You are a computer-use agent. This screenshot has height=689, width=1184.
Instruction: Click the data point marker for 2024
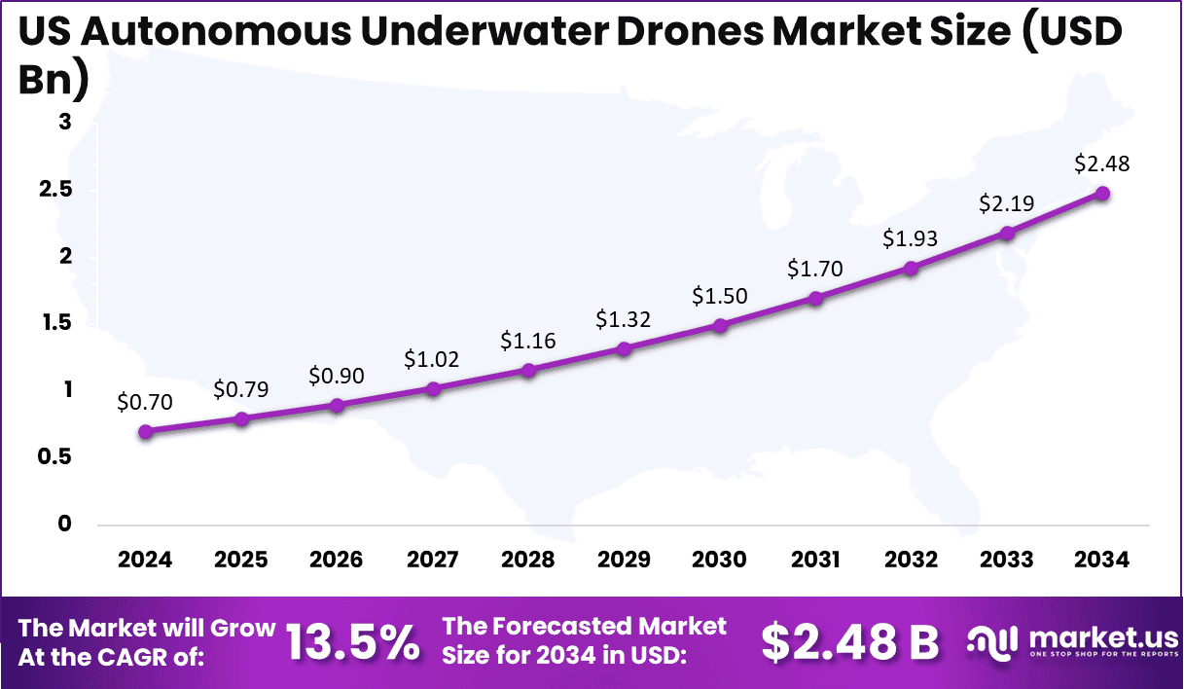click(146, 432)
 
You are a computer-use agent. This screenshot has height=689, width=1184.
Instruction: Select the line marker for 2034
click(1102, 194)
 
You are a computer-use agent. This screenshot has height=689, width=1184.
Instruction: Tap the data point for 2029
click(625, 348)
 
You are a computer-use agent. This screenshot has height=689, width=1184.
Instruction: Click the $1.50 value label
click(720, 296)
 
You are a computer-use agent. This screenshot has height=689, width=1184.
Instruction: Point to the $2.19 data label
click(1006, 203)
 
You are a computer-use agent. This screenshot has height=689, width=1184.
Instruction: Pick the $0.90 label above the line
click(337, 375)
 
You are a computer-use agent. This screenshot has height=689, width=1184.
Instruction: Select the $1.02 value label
click(432, 359)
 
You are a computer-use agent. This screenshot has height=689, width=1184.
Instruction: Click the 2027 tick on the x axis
click(433, 560)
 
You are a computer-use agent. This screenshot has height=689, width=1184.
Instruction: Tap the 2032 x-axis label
click(911, 560)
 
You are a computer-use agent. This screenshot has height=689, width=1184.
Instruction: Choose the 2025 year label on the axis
click(241, 560)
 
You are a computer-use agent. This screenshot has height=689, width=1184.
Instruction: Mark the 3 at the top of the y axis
click(64, 123)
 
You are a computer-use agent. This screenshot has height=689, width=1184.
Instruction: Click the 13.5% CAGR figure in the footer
click(352, 642)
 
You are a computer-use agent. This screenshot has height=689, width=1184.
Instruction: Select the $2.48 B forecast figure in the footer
click(850, 642)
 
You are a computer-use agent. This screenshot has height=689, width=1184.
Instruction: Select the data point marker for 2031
click(815, 299)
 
